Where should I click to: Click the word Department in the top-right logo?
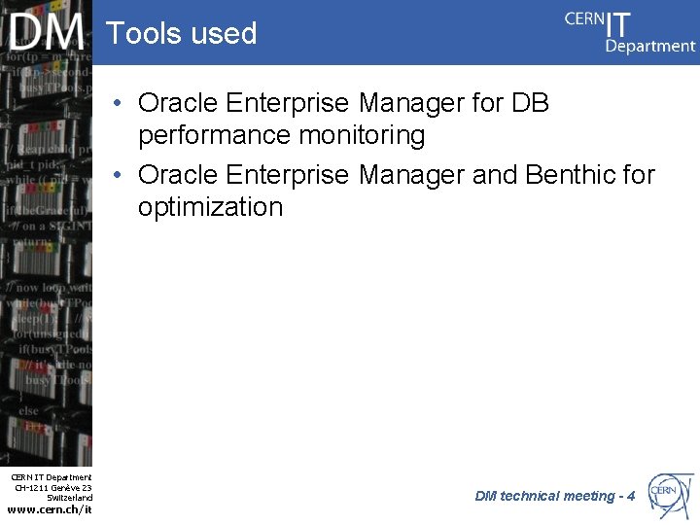(x=650, y=46)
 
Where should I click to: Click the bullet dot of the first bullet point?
(x=117, y=103)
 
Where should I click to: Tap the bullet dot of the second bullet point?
(x=117, y=175)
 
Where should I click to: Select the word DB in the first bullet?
(x=530, y=103)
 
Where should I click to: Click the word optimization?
(x=210, y=207)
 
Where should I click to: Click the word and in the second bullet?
(x=495, y=175)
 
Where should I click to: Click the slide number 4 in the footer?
(x=631, y=496)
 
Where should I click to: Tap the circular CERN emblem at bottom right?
(x=670, y=494)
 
